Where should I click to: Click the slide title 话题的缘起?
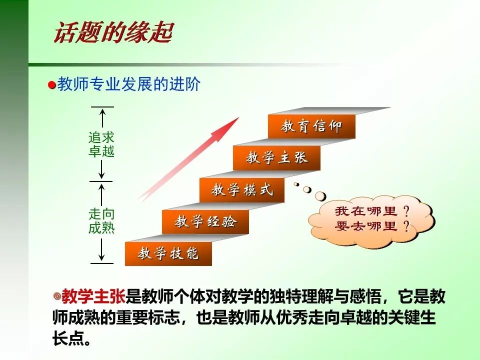pos(112,33)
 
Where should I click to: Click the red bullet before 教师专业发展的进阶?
pos(52,85)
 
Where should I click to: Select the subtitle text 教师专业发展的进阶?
pos(129,84)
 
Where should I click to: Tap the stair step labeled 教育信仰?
pos(311,126)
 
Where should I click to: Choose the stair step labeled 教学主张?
pos(276,158)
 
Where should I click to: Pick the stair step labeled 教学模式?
pos(242,190)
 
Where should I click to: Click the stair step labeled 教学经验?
pos(205,222)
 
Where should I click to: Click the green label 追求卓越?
pos(101,144)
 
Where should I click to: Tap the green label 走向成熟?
pos(101,221)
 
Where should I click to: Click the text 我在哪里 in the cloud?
pos(366,211)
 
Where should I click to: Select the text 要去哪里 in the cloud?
pos(366,226)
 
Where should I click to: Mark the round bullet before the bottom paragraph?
pos(56,296)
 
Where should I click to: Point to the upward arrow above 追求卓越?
pos(102,118)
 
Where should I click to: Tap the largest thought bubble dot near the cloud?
pos(320,195)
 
